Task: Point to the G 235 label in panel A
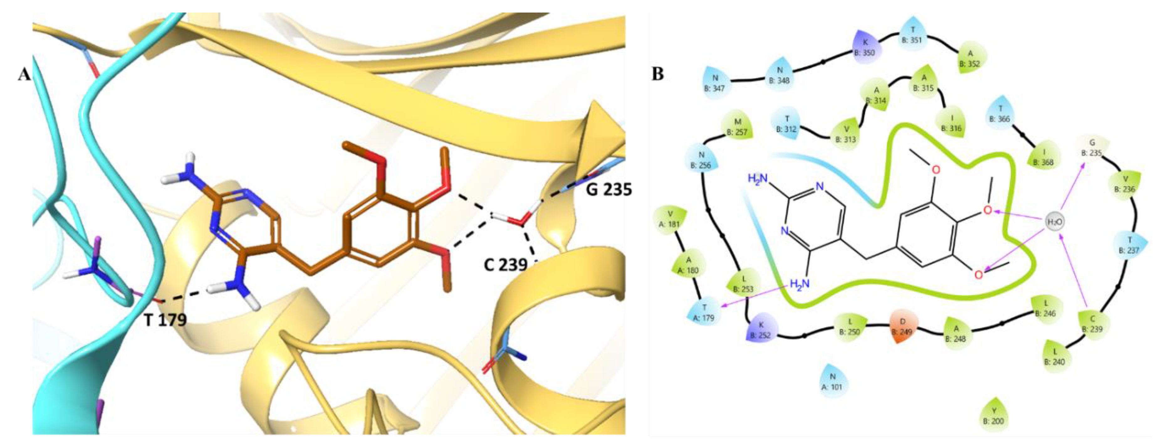coord(609,189)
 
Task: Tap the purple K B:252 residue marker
coord(761,330)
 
